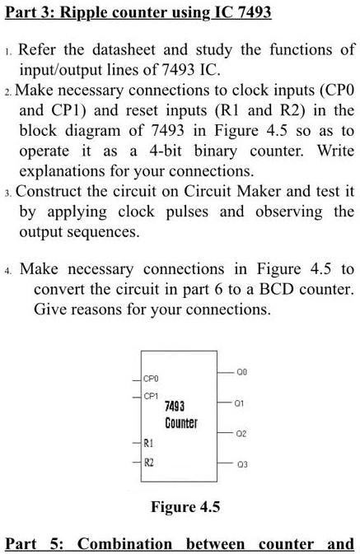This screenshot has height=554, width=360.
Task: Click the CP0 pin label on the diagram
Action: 151,380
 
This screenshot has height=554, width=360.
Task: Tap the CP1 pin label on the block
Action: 151,396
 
